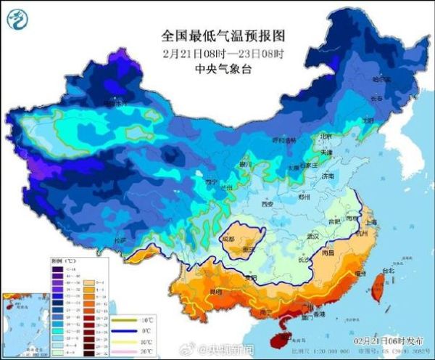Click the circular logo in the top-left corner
[x=19, y=20]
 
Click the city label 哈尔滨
[x=381, y=78]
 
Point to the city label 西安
[x=266, y=205]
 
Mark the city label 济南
[x=328, y=176]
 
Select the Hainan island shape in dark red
[x=276, y=334]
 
